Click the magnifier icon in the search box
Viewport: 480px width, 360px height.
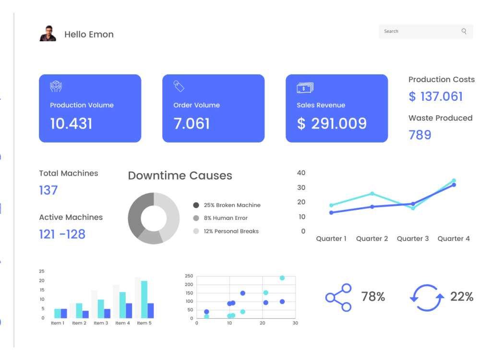pos(464,31)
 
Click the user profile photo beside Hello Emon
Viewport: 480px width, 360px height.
pos(48,34)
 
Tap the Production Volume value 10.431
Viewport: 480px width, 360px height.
pos(71,124)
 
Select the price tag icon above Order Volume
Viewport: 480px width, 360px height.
pos(179,86)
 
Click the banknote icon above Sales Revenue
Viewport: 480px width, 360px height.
pos(305,87)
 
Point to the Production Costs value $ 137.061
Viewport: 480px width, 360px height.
pos(436,96)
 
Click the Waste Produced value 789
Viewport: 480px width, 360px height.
pos(420,135)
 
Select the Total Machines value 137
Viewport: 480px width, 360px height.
pos(48,190)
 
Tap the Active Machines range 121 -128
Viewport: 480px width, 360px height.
pos(62,234)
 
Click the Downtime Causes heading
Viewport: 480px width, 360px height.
pos(180,175)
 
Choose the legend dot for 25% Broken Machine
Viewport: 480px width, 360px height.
pos(196,205)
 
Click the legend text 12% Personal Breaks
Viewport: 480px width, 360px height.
pos(231,231)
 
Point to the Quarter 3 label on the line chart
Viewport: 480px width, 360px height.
pos(413,239)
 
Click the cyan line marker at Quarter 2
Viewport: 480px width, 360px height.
pos(372,193)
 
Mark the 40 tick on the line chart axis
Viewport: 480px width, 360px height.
pos(301,173)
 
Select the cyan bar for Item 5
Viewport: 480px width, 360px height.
pos(144,300)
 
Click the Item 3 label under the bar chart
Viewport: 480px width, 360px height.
pos(101,323)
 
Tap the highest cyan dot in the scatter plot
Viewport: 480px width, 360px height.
pos(282,278)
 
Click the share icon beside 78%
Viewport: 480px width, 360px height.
pos(338,298)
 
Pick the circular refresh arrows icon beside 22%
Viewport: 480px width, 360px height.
pos(427,298)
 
